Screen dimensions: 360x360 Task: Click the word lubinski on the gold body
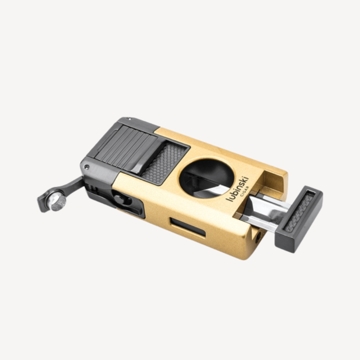237,189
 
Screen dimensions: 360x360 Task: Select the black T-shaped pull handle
299,219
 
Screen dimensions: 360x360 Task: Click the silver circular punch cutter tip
57,202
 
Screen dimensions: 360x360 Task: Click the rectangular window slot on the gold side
188,227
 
